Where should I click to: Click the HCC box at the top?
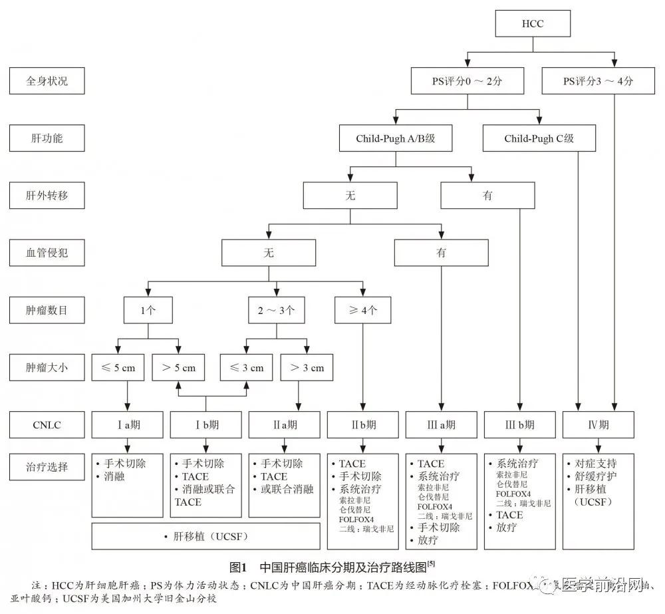point(533,25)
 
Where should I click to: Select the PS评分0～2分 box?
point(468,82)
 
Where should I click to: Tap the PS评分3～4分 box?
point(598,82)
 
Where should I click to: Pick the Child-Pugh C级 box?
point(539,139)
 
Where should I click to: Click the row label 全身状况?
point(47,82)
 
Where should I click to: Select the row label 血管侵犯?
point(47,253)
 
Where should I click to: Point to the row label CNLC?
point(47,424)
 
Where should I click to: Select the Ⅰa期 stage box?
point(126,424)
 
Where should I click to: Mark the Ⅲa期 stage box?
point(440,424)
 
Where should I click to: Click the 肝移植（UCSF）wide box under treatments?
point(205,536)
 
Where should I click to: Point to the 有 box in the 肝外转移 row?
point(487,196)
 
